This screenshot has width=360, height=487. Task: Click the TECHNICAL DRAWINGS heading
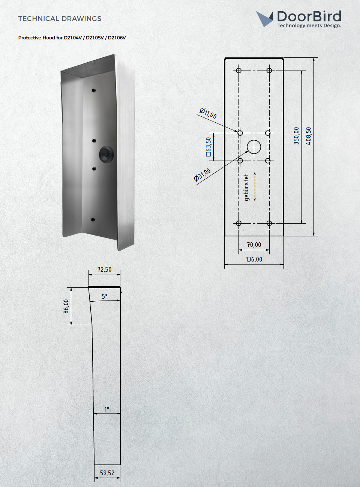pos(60,19)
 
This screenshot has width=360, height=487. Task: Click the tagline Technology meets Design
pos(309,26)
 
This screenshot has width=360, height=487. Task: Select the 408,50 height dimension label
pos(309,136)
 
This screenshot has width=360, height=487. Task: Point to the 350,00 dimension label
pos(297,136)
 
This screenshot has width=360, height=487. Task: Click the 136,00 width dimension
pos(254,259)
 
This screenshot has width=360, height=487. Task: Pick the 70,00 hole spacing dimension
pos(254,245)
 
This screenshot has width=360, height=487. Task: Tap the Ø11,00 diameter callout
pos(208,113)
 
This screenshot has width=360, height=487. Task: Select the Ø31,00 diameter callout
pos(202,175)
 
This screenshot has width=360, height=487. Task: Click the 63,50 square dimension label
pos(208,147)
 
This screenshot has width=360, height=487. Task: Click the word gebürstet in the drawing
pos(246,187)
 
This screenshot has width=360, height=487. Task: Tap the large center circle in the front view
pos(254,147)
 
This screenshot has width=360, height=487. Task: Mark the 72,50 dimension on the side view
pos(104,269)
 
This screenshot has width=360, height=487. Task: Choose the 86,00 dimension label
pos(66,306)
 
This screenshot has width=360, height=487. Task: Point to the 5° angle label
pos(105,296)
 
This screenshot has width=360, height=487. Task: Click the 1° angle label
pos(106,409)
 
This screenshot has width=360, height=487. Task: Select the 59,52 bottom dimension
pos(107,473)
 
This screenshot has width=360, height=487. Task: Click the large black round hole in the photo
pos(106,154)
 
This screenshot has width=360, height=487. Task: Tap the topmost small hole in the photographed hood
pos(94,90)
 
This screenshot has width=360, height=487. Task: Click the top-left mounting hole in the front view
pos(239,71)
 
